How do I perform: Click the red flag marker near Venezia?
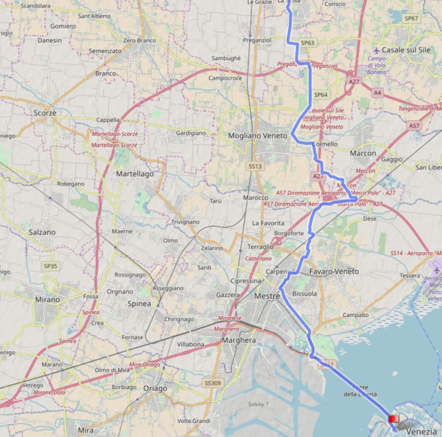392,419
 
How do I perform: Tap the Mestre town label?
267,296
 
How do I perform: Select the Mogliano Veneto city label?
258,136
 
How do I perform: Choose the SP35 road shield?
50,266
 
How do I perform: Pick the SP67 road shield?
411,19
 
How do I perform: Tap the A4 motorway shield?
377,92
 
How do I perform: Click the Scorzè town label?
45,113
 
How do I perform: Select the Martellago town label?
134,174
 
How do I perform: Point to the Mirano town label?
47,299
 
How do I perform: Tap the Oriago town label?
155,388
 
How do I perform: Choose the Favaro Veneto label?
334,271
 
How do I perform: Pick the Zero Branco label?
140,40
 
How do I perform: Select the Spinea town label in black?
139,304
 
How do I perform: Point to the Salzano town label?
42,232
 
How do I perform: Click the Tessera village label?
410,275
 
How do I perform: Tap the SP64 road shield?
321,95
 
